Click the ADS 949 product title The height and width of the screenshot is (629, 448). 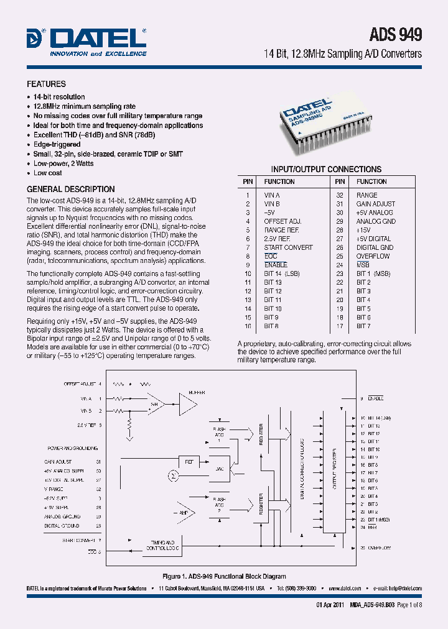[x=396, y=34]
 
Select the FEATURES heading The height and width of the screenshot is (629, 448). [x=45, y=84]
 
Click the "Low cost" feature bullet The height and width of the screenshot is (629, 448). [x=47, y=173]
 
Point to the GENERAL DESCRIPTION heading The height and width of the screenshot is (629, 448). [x=70, y=189]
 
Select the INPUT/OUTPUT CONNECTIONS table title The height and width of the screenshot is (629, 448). [x=326, y=169]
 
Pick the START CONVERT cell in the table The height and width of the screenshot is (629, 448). [x=288, y=247]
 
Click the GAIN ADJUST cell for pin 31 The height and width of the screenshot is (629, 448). [x=375, y=204]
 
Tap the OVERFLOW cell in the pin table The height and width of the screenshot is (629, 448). [x=373, y=256]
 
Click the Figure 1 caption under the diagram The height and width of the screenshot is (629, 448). [x=224, y=577]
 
